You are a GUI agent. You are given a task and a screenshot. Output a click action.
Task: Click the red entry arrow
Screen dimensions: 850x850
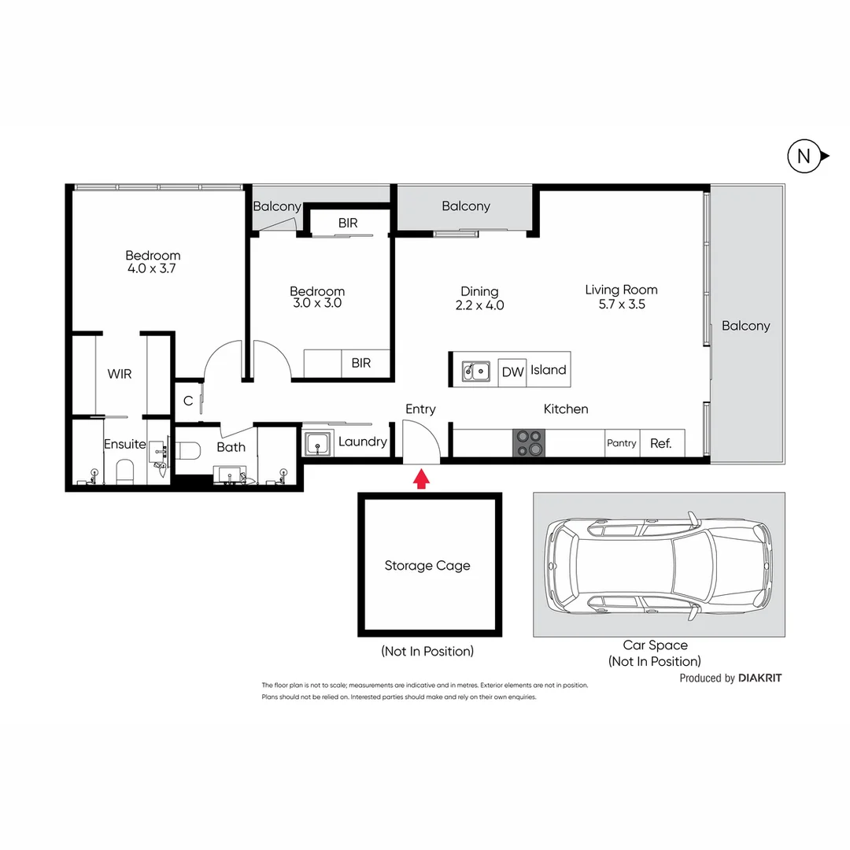click(x=421, y=479)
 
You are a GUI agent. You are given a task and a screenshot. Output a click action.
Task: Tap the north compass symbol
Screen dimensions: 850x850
click(x=804, y=157)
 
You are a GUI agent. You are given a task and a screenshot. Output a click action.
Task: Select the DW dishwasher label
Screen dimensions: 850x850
click(x=512, y=371)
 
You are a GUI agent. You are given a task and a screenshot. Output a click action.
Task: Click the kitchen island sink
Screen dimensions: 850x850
click(x=476, y=371)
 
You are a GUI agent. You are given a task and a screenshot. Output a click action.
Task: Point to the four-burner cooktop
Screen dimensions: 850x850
click(x=528, y=442)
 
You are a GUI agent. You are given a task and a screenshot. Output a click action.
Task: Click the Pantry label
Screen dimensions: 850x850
click(x=621, y=443)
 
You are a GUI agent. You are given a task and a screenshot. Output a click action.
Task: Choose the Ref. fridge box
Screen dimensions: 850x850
click(x=661, y=443)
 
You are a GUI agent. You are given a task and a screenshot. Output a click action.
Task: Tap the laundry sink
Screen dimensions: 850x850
click(x=319, y=444)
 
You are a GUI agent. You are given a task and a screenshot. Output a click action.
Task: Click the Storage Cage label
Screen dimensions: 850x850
click(x=427, y=565)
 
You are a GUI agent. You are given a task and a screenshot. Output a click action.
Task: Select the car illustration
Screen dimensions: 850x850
click(x=659, y=564)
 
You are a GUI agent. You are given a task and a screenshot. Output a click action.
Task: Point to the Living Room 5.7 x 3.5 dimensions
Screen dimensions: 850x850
click(x=621, y=304)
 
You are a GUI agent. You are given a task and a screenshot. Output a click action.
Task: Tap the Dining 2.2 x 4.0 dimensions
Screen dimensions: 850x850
click(x=479, y=305)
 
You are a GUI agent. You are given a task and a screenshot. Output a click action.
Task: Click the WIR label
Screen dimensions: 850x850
click(x=119, y=374)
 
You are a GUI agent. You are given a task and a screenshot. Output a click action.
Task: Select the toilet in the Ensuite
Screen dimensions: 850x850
click(x=126, y=471)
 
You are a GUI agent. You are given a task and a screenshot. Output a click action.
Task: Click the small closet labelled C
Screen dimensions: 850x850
click(x=188, y=401)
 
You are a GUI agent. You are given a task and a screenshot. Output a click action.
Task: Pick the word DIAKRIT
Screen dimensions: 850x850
click(x=760, y=678)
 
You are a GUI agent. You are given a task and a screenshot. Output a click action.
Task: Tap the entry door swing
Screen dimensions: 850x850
click(x=421, y=441)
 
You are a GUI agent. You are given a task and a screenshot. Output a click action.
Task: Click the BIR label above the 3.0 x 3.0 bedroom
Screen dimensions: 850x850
click(x=348, y=223)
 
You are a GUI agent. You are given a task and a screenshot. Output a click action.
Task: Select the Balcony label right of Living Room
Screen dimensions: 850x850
click(x=745, y=326)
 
